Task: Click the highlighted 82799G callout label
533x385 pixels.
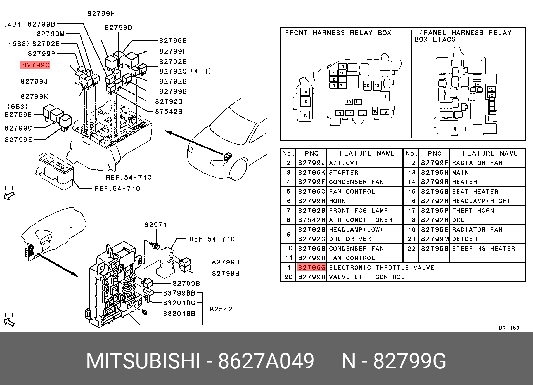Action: click(35, 65)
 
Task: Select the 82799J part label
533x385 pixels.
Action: click(34, 81)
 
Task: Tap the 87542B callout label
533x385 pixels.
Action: click(169, 112)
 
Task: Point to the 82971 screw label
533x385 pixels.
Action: click(156, 225)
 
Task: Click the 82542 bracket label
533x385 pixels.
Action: click(221, 309)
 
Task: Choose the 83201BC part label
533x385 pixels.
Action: click(179, 303)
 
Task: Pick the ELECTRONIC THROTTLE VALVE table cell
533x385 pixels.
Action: click(382, 268)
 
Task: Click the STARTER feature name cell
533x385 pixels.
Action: click(344, 173)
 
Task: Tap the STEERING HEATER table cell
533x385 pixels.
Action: click(484, 249)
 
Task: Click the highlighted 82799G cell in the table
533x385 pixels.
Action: click(311, 268)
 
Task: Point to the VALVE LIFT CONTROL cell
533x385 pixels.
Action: click(367, 277)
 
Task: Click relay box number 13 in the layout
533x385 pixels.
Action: click(384, 96)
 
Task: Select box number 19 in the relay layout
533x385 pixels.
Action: click(305, 115)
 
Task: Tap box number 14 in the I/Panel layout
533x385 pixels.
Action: click(477, 84)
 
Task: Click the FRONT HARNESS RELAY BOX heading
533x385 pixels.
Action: click(338, 33)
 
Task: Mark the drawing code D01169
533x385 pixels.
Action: click(509, 328)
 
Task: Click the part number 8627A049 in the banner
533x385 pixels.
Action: click(266, 361)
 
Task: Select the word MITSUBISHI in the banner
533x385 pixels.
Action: click(143, 361)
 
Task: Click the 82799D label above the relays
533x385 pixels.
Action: click(119, 28)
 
